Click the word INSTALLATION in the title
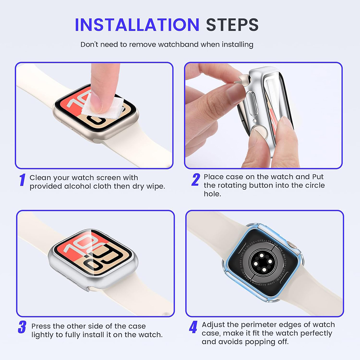pyautogui.click(x=137, y=24)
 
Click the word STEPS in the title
pyautogui.click(x=232, y=24)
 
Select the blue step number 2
pyautogui.click(x=195, y=180)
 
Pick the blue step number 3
pyautogui.click(x=22, y=327)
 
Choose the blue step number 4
pyautogui.click(x=193, y=327)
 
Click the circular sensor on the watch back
pyautogui.click(x=262, y=262)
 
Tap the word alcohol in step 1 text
pyautogui.click(x=88, y=186)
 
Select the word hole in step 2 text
pyautogui.click(x=212, y=194)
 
